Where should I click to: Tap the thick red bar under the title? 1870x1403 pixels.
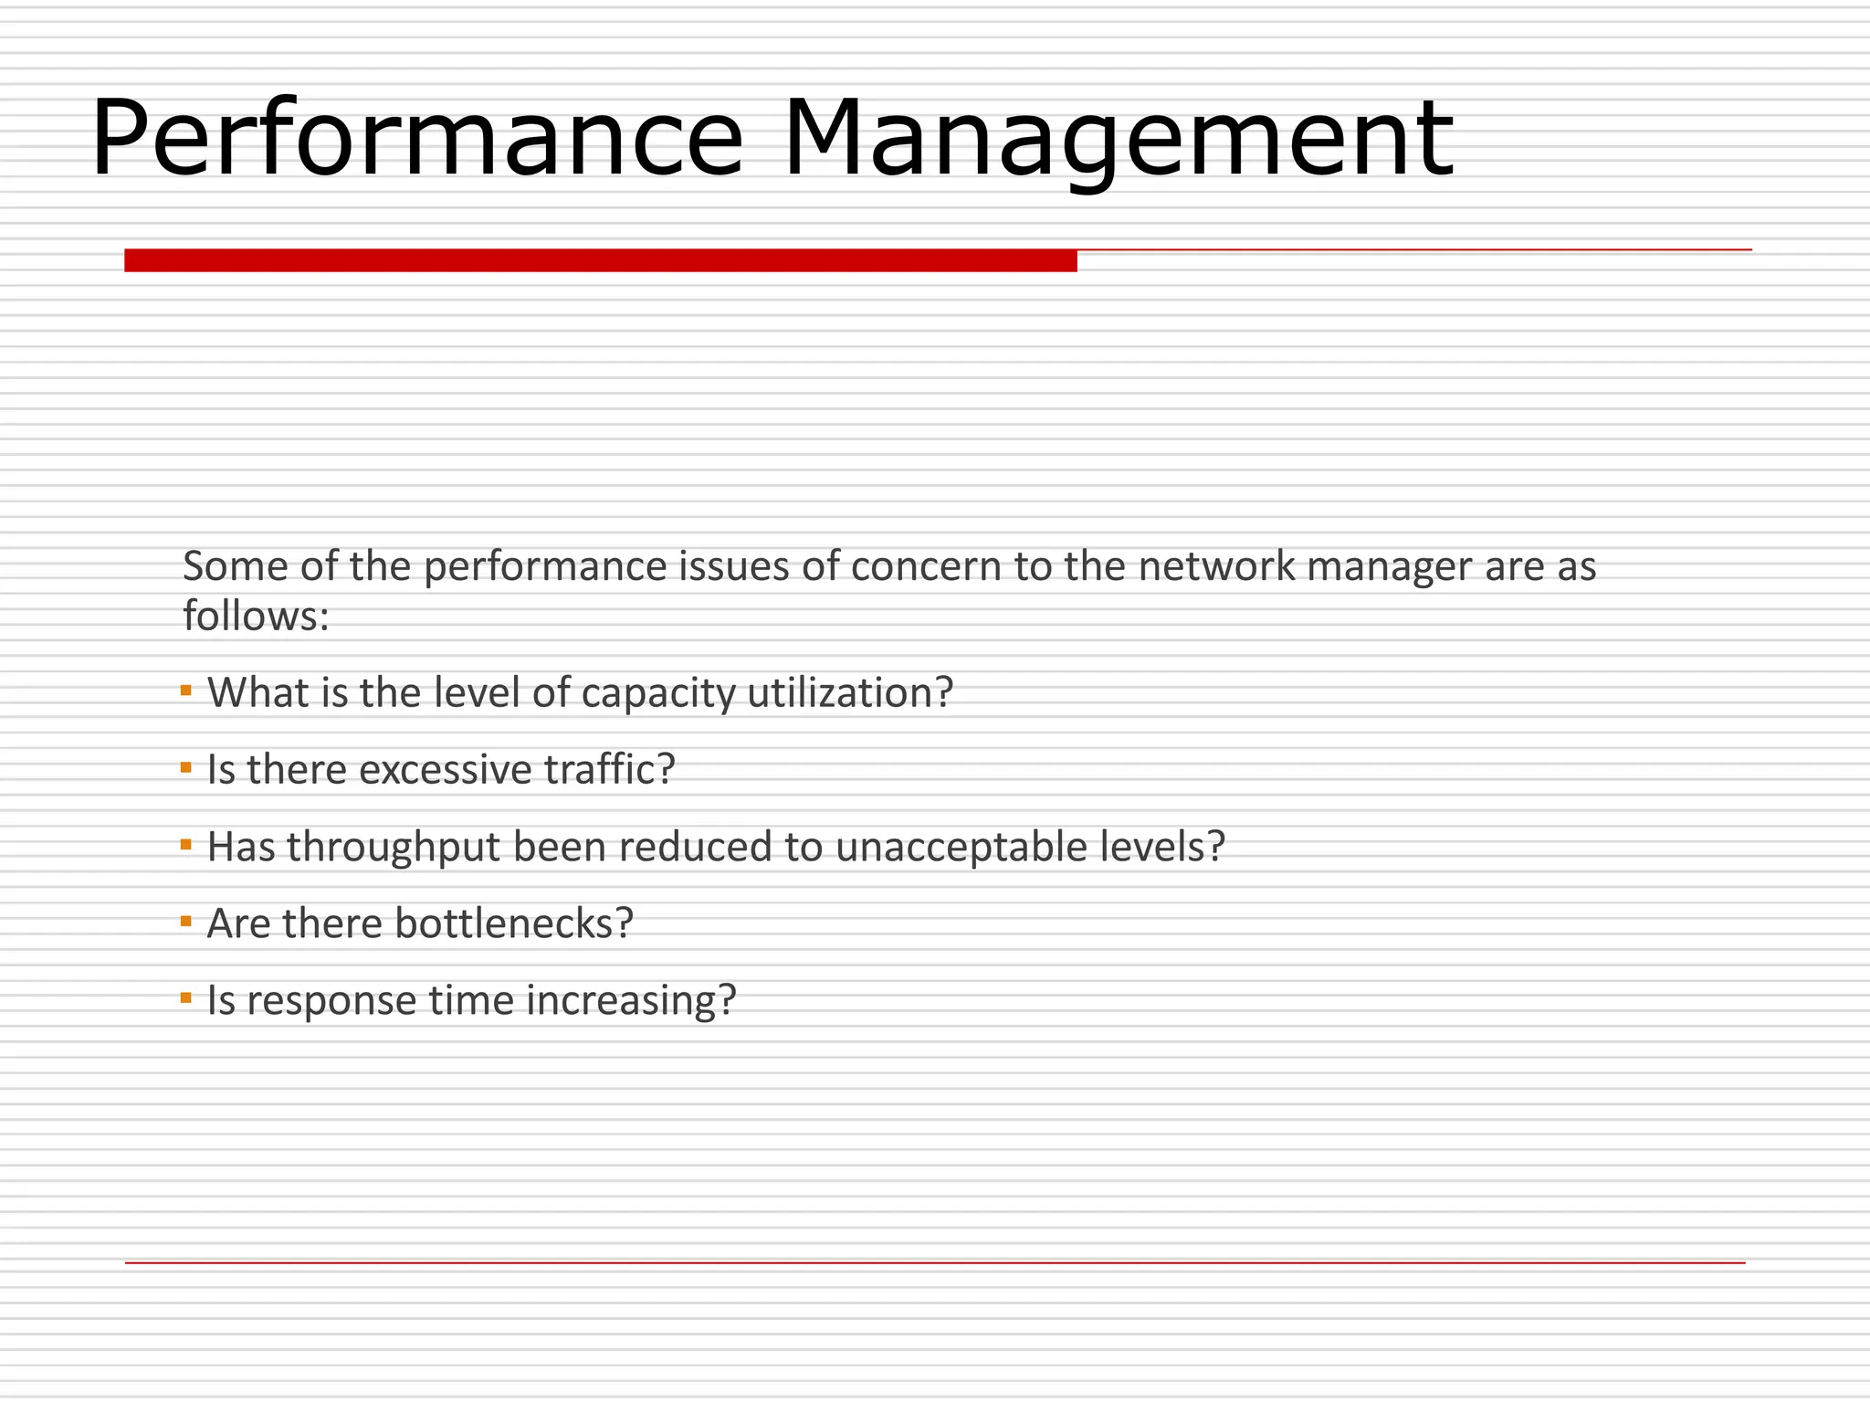(600, 260)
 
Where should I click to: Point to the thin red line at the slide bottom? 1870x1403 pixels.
(935, 1262)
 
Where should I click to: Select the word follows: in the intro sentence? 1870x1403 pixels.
(256, 616)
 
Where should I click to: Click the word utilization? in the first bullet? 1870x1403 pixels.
(849, 692)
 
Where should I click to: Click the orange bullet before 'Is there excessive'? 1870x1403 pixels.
(186, 767)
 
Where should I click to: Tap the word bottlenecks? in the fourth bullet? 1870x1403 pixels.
(513, 923)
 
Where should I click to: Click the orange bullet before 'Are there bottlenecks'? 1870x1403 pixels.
(186, 921)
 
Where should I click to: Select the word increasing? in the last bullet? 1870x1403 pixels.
(631, 1001)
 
